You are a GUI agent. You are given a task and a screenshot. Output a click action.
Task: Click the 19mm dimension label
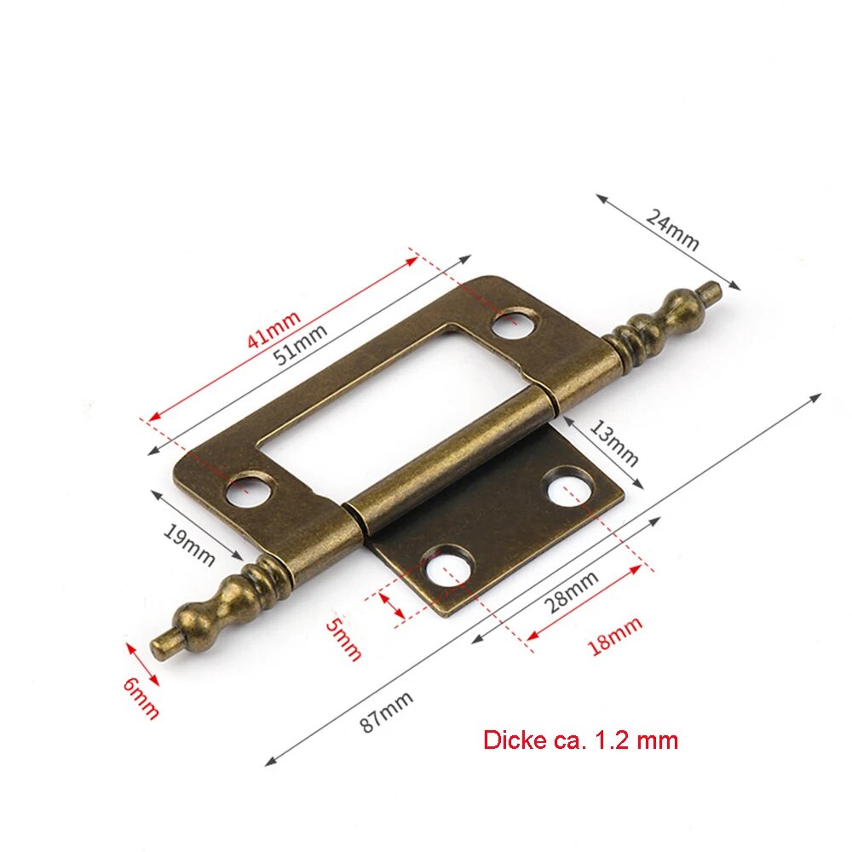point(188,544)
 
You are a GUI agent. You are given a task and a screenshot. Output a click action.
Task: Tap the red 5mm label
point(344,638)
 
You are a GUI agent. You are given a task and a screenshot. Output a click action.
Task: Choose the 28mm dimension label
point(571,591)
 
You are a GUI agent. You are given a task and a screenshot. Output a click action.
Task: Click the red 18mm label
point(614,636)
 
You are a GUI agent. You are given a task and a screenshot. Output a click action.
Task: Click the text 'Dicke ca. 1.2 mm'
point(580,740)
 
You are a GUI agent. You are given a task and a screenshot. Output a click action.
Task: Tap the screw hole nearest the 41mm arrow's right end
point(515,324)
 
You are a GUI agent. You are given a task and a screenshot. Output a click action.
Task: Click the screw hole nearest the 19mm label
point(248,490)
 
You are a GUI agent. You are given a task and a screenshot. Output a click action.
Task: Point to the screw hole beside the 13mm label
point(567,486)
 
